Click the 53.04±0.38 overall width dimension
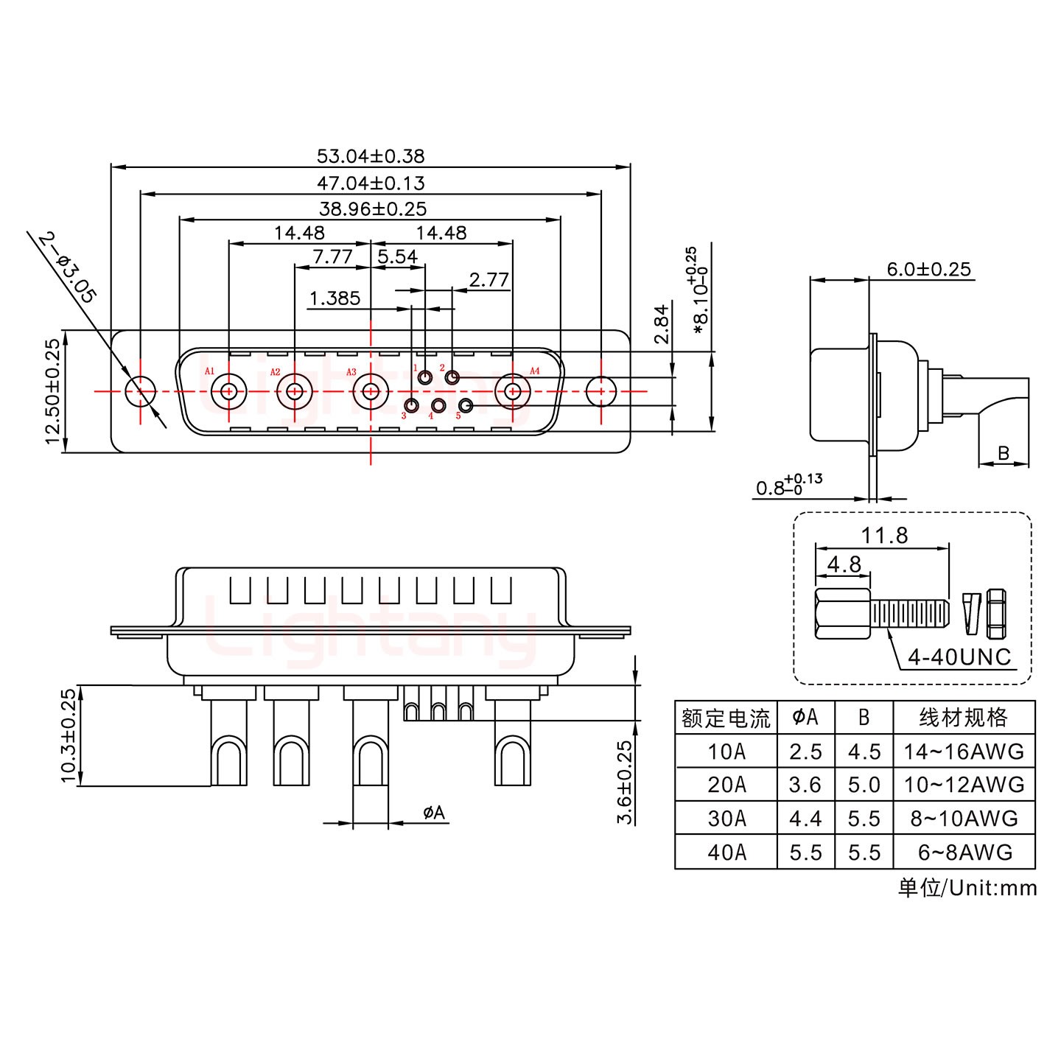click(371, 156)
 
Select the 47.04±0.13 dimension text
click(371, 183)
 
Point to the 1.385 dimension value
click(335, 298)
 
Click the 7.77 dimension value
click(332, 256)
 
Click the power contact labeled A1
click(229, 391)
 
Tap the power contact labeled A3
click(371, 391)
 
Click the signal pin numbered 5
click(466, 406)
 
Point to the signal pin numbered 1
click(426, 378)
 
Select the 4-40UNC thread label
click(959, 656)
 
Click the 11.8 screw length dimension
click(884, 535)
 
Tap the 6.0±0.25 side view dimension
click(928, 269)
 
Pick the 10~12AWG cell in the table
click(964, 785)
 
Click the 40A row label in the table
click(726, 852)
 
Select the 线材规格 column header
click(963, 717)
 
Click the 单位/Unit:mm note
click(967, 888)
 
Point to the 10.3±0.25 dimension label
click(69, 735)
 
